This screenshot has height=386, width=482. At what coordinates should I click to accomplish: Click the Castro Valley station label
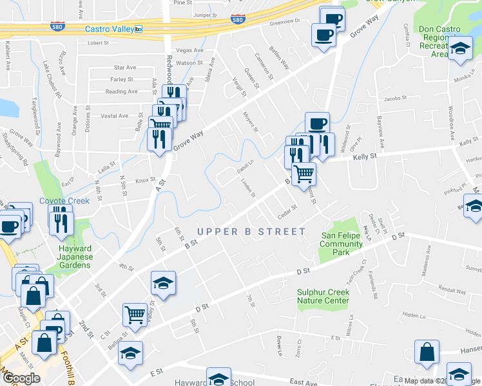click(109, 30)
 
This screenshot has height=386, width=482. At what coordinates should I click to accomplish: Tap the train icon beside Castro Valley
click(139, 30)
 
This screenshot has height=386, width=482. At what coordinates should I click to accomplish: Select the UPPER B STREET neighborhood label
click(251, 232)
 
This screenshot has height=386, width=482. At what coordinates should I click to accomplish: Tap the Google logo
click(21, 378)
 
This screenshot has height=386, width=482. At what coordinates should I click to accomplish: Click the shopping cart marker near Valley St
click(135, 315)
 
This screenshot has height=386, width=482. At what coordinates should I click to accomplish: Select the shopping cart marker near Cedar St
click(304, 172)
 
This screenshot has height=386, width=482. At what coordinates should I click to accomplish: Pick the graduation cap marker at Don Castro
click(460, 49)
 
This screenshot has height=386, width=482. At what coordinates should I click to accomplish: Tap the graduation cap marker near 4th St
click(163, 282)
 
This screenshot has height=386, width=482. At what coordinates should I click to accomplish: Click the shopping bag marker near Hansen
click(427, 352)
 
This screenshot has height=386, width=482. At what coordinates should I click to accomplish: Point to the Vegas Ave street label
click(189, 50)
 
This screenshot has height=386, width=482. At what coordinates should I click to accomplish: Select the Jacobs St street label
click(395, 99)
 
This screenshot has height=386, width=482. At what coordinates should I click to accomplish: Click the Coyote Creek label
click(64, 201)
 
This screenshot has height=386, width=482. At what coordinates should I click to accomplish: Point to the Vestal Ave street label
click(115, 116)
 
